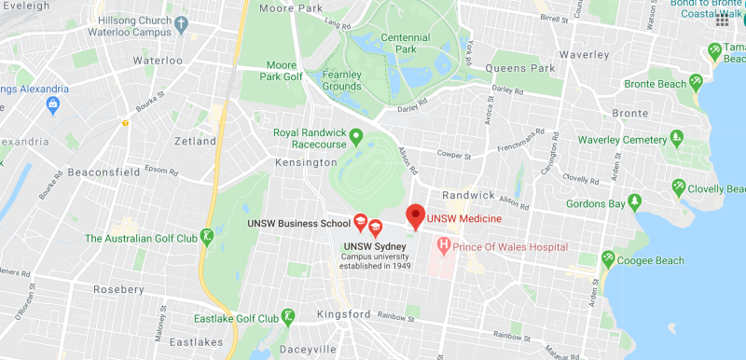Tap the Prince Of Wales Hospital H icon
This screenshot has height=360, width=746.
pos(444,247)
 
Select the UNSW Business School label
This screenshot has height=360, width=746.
pos(298,224)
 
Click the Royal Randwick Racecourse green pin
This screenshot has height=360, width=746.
pos(354,139)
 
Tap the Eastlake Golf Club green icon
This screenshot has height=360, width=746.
pos(289,317)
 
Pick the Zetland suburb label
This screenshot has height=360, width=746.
pos(195,141)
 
